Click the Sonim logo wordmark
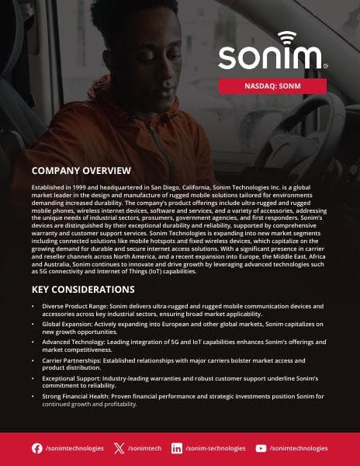tap(272, 57)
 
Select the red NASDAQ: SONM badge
tap(272, 86)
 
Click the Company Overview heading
tap(81, 171)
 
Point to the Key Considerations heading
tap(83, 290)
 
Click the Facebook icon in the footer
tap(37, 448)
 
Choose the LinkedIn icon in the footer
tap(177, 448)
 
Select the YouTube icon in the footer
tap(261, 448)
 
